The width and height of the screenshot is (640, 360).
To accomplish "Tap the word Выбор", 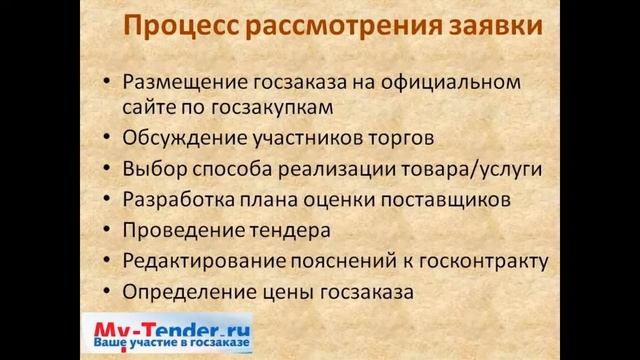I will [152, 169].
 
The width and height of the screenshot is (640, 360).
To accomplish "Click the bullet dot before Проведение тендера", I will [107, 232].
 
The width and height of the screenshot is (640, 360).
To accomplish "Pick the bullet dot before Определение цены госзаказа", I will [107, 294].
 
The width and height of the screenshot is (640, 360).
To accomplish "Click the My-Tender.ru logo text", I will [171, 327].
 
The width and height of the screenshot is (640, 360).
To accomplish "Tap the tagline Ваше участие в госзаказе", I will [171, 344].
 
